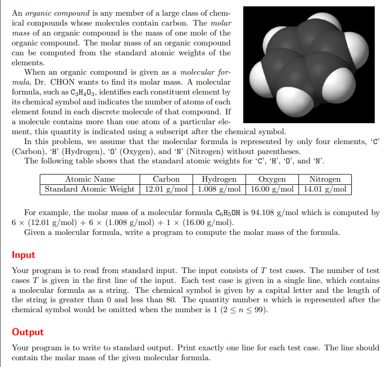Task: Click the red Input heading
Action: click(24, 255)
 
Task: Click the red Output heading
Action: click(28, 332)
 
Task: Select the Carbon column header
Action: click(166, 179)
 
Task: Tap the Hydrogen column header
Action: click(219, 179)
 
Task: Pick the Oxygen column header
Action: click(272, 179)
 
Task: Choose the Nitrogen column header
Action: click(325, 179)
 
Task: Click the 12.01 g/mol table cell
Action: click(166, 189)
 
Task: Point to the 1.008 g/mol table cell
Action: click(219, 189)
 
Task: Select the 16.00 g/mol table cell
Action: click(272, 189)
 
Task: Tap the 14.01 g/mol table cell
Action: click(325, 189)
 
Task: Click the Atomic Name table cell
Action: click(89, 179)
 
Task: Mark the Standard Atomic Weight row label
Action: click(89, 189)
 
